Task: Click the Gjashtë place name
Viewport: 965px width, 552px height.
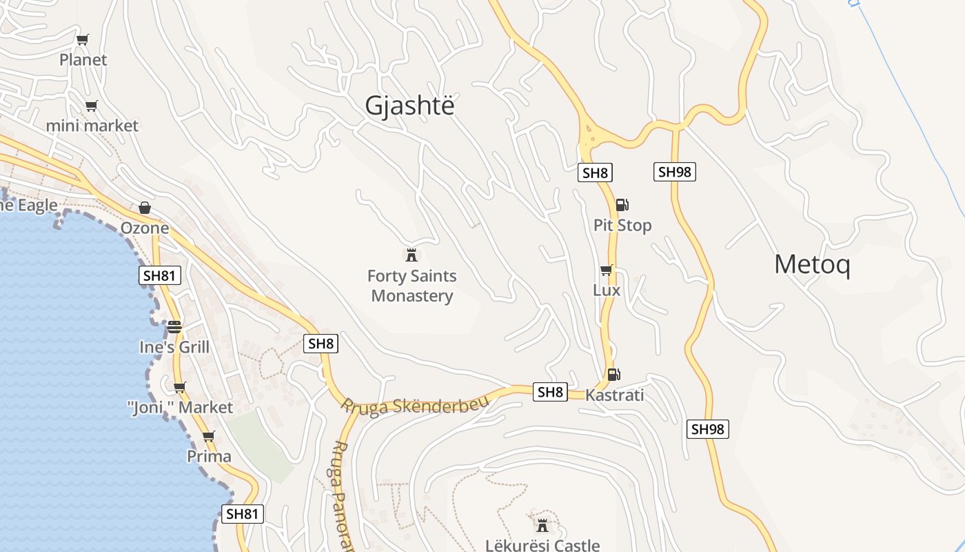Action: (409, 106)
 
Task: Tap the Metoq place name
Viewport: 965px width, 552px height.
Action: (812, 265)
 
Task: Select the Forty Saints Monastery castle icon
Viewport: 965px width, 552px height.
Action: (412, 255)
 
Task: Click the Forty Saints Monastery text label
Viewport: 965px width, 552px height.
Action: (412, 286)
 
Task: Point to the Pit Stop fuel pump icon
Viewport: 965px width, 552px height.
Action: (622, 204)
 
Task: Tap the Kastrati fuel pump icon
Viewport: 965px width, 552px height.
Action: (613, 375)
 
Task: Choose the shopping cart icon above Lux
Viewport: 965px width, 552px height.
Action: (606, 270)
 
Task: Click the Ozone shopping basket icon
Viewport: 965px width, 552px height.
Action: (145, 208)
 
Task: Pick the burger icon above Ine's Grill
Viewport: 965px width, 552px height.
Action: (174, 326)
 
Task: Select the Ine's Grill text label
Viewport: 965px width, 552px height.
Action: (174, 346)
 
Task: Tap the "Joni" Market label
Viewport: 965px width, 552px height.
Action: (181, 408)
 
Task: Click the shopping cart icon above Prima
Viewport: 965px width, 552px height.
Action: (208, 436)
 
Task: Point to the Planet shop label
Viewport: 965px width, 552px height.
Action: (83, 60)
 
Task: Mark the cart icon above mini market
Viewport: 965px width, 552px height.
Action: (91, 106)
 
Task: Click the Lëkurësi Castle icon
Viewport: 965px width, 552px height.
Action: (542, 525)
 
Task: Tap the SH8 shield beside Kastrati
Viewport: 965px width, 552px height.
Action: (550, 393)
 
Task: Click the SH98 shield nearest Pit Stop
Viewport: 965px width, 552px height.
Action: (674, 172)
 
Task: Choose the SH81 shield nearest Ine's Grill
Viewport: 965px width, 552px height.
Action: (159, 276)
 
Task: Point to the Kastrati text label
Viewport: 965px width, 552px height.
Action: (614, 395)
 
